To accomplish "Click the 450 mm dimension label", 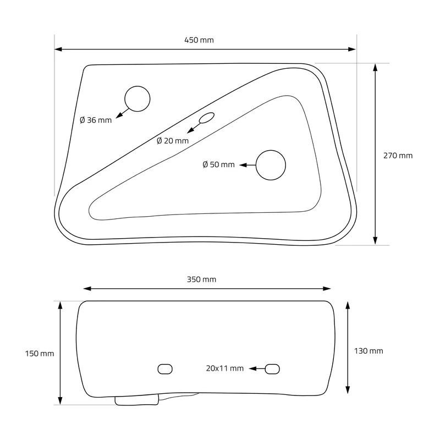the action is [199, 40].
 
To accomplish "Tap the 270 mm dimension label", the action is [398, 156].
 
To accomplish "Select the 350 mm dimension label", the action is [201, 279].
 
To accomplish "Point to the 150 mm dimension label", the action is [40, 354].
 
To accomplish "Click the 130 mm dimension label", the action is [369, 351].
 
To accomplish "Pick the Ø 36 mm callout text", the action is [96, 120].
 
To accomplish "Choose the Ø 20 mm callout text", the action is [173, 141].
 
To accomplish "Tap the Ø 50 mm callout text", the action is [218, 164].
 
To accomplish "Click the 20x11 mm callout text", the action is [225, 369].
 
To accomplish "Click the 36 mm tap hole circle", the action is [137, 86].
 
